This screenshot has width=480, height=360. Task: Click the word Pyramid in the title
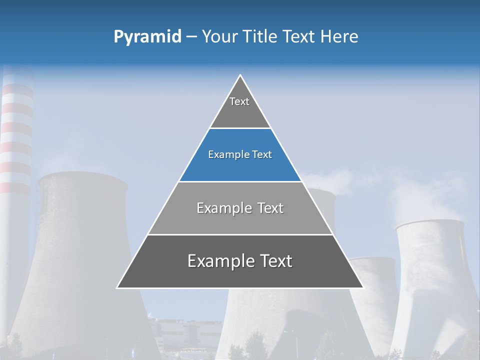[x=147, y=37]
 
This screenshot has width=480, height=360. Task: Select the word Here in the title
[x=339, y=36]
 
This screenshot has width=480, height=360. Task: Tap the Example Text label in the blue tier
[x=240, y=154]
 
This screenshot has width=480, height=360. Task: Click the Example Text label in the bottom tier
[x=240, y=261]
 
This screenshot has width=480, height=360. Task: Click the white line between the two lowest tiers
[x=240, y=234]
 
